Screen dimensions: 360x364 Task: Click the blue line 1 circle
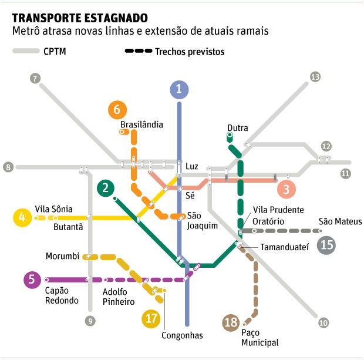click(179, 90)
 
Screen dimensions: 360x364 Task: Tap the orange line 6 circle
click(117, 110)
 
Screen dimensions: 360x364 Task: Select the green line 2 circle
click(105, 188)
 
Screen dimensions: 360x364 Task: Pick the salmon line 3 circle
click(287, 189)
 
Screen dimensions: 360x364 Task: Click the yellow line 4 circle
click(22, 218)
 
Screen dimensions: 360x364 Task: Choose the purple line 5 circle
click(32, 280)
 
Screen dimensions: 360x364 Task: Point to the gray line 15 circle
click(327, 244)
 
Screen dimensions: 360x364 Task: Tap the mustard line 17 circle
click(152, 318)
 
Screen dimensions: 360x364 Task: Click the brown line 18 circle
click(231, 322)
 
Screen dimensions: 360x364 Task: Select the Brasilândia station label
click(141, 124)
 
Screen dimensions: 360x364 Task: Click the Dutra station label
click(238, 128)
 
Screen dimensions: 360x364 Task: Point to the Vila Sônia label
click(54, 208)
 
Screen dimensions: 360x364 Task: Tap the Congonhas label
click(182, 335)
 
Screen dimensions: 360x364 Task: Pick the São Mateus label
click(340, 221)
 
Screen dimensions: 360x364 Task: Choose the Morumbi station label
click(62, 256)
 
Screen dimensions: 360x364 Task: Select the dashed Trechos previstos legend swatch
click(137, 51)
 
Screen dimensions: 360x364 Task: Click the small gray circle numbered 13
click(315, 77)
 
